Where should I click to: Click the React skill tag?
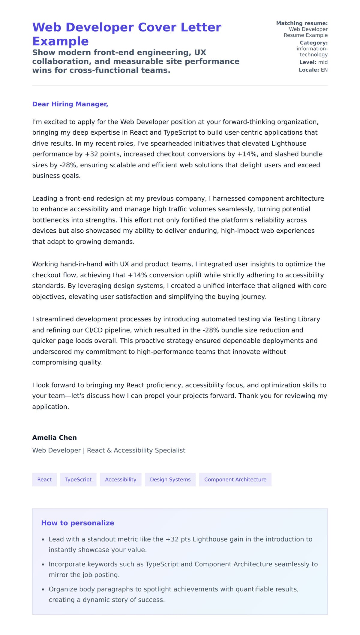tap(44, 479)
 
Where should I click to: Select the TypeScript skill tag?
tap(78, 479)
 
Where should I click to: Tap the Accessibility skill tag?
tap(121, 479)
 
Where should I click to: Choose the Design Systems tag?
tap(170, 479)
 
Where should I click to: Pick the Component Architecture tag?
tap(235, 479)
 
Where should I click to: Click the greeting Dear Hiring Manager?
tap(70, 104)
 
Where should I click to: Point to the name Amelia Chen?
tap(54, 437)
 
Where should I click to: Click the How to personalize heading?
tap(78, 523)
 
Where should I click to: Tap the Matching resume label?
tap(302, 23)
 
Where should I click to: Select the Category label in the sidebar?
tap(313, 43)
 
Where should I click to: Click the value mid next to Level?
tap(323, 62)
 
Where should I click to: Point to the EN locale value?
tap(324, 70)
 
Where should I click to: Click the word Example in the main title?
tap(60, 41)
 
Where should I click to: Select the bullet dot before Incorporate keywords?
tap(43, 564)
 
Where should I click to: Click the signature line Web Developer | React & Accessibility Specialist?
tap(109, 450)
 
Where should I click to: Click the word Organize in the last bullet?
tap(62, 589)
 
